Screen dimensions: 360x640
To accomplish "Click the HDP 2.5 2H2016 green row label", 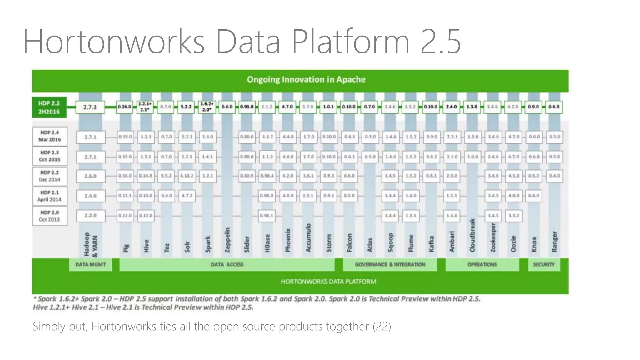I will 49,107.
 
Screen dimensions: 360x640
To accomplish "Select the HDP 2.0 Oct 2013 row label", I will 50,216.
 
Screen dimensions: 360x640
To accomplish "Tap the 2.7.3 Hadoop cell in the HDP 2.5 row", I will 90,107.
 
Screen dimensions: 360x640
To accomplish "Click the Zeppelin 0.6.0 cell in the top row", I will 227,107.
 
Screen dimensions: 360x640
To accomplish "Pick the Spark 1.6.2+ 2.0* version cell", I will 207,107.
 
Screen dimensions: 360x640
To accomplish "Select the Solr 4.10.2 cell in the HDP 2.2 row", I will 187,176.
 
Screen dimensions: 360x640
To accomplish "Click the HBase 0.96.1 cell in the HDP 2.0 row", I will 267,216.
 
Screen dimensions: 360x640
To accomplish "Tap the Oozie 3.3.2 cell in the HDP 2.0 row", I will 514,216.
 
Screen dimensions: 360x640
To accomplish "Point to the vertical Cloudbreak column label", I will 472,235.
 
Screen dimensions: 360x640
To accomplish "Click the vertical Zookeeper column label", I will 493,237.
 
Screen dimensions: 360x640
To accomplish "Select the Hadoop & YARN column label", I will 91,244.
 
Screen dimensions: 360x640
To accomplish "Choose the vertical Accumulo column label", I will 308,237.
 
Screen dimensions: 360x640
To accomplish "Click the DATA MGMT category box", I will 90,265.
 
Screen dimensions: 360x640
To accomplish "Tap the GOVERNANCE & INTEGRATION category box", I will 390,265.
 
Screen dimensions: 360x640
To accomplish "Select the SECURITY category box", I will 544,265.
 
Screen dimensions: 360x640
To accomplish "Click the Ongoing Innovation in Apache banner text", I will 306,80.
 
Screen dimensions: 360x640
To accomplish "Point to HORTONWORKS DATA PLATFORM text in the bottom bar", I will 328,282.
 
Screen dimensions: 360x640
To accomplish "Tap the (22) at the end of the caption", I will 382,327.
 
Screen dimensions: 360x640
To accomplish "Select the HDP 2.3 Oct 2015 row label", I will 50,156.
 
